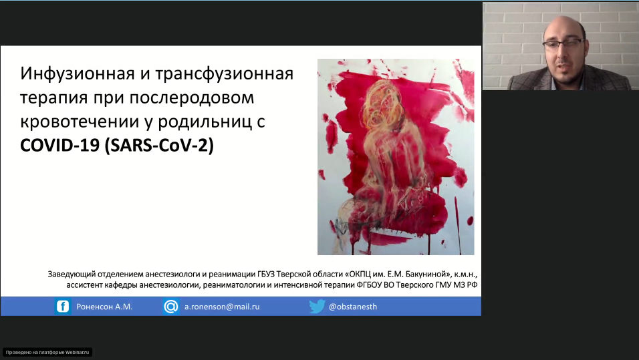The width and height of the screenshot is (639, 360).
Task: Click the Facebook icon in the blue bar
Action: (x=63, y=307)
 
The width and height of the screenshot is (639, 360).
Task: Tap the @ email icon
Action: (x=170, y=307)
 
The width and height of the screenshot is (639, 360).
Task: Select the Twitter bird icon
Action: (x=317, y=307)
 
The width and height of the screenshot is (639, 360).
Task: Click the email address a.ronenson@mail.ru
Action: (x=222, y=307)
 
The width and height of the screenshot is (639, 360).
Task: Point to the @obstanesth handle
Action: (x=353, y=307)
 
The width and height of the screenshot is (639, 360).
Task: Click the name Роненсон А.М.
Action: (x=104, y=307)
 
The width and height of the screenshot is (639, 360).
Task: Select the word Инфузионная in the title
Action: (x=78, y=73)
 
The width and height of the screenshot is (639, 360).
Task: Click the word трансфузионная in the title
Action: (x=224, y=73)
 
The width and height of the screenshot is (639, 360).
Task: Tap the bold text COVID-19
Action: (x=60, y=146)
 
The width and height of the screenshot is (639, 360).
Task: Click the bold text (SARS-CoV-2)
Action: (x=159, y=146)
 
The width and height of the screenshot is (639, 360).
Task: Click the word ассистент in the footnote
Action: (x=84, y=285)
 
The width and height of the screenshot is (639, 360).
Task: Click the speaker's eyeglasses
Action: (x=564, y=43)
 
